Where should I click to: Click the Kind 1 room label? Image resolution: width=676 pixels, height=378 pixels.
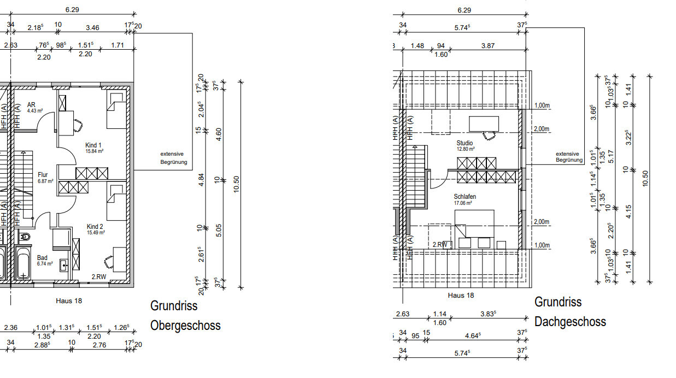tap(94, 145)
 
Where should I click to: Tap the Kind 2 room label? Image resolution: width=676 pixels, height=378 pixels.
tap(95, 226)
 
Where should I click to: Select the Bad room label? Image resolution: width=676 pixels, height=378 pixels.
tap(43, 258)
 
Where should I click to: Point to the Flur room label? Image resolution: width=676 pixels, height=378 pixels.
tap(43, 175)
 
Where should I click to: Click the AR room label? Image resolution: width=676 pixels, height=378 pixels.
tap(31, 104)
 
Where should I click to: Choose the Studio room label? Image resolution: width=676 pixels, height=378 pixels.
tap(465, 143)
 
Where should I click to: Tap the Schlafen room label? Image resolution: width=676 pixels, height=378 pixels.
tap(465, 197)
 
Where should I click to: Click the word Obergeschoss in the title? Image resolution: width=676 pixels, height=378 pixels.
tap(185, 326)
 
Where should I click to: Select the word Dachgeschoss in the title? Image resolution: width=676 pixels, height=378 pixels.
tap(570, 321)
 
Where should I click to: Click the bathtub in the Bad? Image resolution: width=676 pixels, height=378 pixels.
tap(24, 264)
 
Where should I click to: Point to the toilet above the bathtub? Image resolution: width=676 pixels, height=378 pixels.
tap(24, 237)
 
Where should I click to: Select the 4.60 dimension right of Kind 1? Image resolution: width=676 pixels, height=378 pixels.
tap(219, 135)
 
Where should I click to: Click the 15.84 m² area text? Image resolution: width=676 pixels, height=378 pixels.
tap(94, 151)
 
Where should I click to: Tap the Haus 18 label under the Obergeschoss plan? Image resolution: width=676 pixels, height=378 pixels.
tap(69, 300)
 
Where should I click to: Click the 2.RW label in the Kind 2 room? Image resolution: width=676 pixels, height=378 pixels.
tap(99, 277)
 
